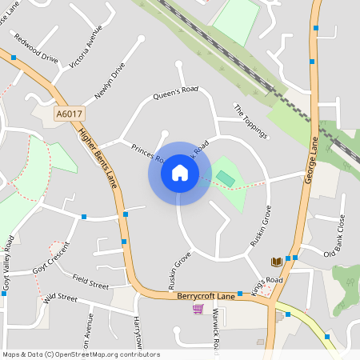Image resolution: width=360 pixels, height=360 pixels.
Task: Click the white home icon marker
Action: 179,173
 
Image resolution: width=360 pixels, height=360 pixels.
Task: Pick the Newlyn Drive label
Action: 110,82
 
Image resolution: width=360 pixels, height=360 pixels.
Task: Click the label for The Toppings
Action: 250,118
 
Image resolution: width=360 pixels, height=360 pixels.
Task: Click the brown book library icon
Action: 276,262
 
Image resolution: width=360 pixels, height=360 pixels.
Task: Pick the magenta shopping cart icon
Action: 198,308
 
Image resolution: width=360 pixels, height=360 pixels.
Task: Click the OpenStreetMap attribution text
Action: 81,354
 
